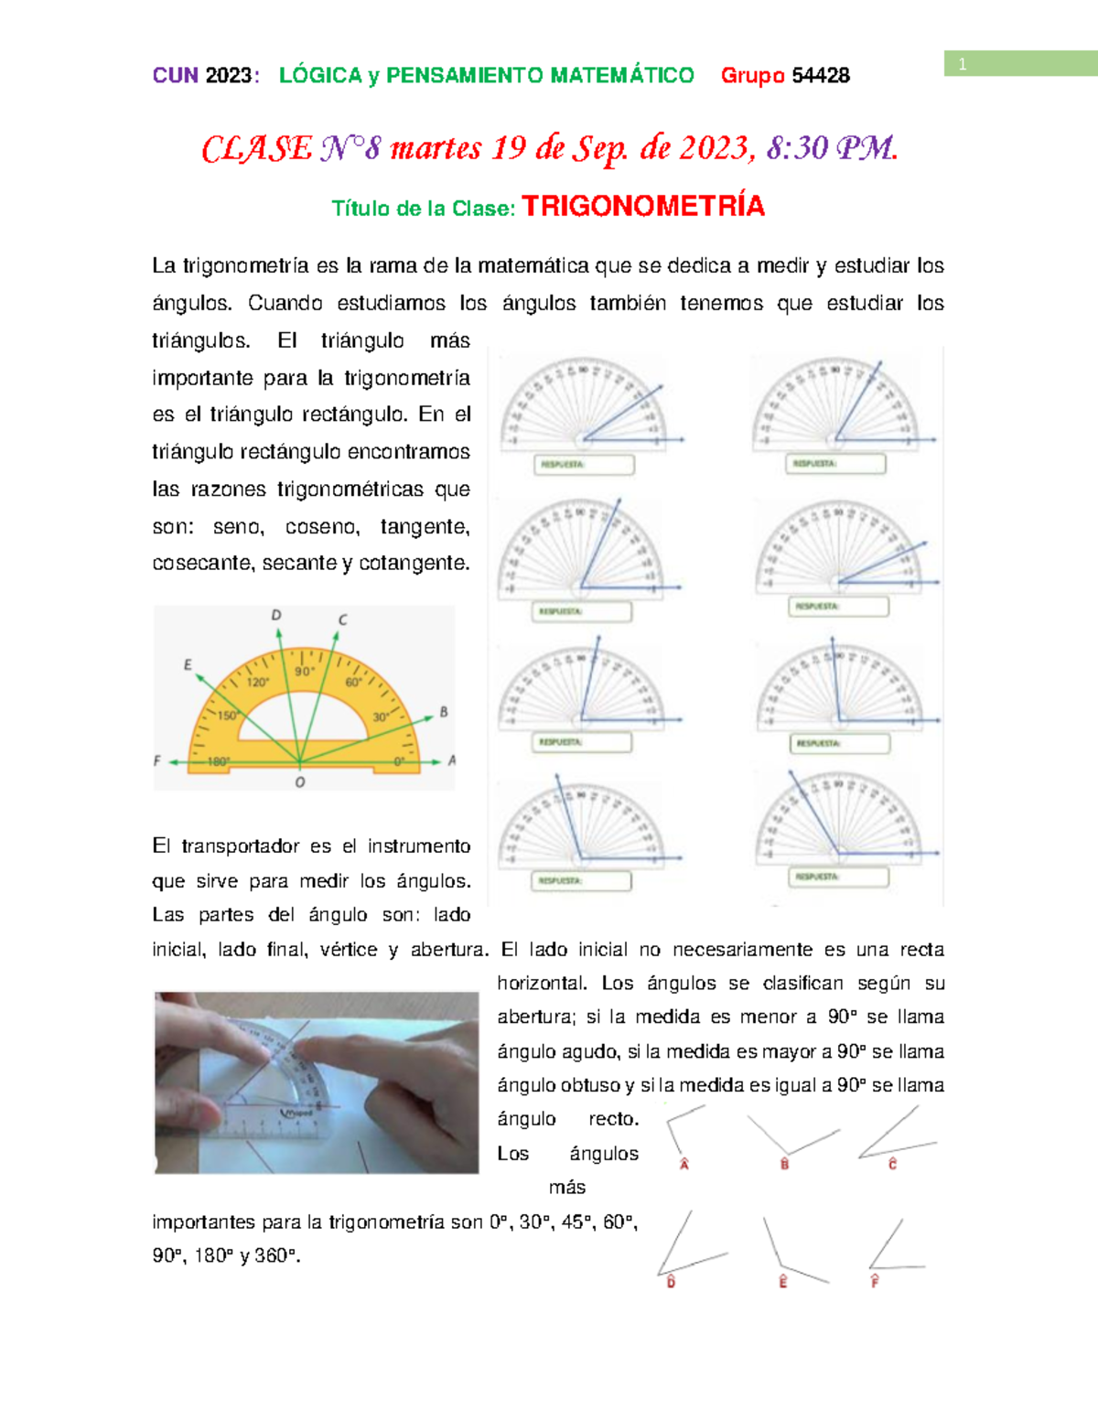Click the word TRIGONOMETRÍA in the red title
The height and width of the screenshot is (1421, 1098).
[x=642, y=206]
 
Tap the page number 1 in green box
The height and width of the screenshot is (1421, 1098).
[x=963, y=64]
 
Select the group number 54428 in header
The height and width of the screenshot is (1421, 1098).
[x=821, y=75]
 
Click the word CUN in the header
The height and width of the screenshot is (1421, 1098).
[x=175, y=75]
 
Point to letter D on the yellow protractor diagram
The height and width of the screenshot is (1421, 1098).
[x=276, y=616]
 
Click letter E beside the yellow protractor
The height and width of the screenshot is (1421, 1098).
[x=188, y=664]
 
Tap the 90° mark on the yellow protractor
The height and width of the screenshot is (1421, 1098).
[x=304, y=671]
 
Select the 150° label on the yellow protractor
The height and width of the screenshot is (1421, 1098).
[x=227, y=716]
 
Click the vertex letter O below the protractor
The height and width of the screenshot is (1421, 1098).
[x=300, y=782]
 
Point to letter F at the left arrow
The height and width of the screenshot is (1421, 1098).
[x=157, y=760]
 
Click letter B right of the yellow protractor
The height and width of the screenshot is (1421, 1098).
[x=444, y=712]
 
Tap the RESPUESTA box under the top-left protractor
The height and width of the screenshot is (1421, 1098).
[x=584, y=465]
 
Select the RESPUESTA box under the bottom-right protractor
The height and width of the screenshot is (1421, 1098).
[x=839, y=877]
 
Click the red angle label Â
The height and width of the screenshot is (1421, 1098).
[x=684, y=1164]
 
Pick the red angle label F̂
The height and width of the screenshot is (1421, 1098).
[x=875, y=1281]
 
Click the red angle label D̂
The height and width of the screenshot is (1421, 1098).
[x=671, y=1281]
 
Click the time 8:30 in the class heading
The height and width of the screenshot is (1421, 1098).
[x=797, y=147]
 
